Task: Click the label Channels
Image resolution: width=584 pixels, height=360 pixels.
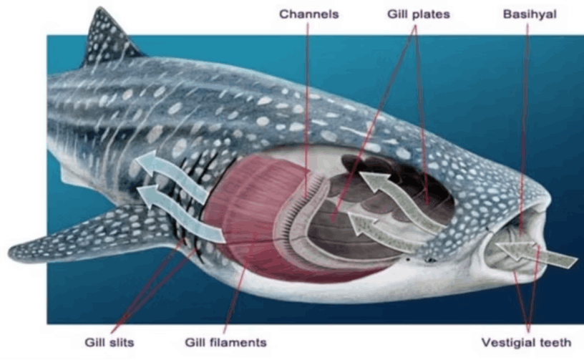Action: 308,14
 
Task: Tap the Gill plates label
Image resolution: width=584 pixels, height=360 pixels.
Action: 419,14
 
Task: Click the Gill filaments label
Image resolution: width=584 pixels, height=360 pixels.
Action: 225,342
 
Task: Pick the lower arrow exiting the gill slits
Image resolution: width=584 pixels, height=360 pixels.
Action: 182,211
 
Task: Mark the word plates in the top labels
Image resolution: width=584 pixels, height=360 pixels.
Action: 435,14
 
